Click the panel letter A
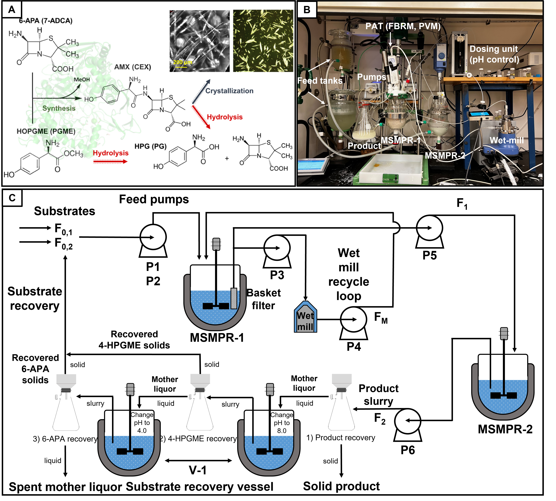12,10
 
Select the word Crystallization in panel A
229,91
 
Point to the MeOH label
82,80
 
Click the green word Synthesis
59,108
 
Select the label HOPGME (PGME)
46,131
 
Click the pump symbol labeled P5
429,228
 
